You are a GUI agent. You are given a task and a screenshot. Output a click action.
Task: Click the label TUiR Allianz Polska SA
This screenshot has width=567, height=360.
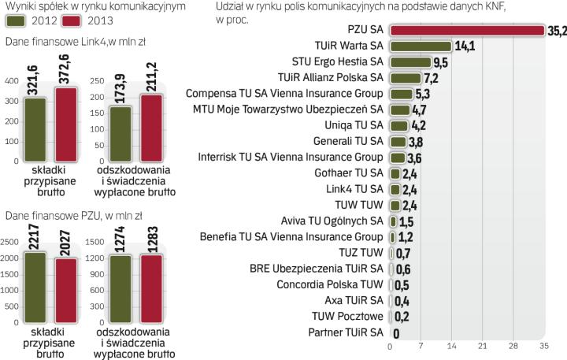pos(331,77)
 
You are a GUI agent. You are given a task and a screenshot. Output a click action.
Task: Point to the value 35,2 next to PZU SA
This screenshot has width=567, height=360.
pos(556,30)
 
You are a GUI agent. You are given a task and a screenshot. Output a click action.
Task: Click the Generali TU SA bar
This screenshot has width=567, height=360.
pos(398,140)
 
